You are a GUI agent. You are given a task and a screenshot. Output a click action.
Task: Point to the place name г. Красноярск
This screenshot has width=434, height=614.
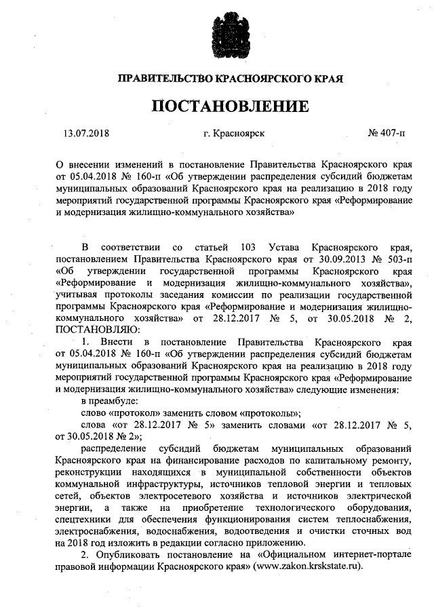(x=233, y=132)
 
